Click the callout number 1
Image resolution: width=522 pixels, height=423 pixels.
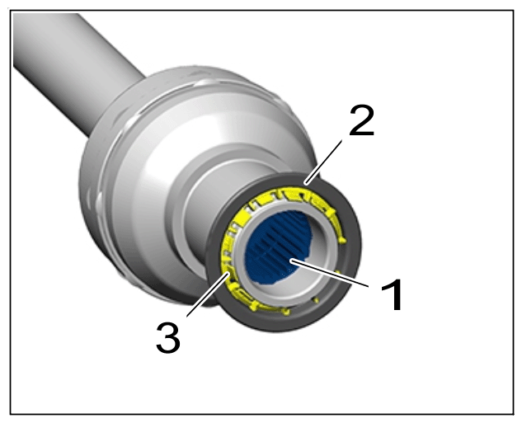point(392,295)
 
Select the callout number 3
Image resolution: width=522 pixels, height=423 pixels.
point(168,338)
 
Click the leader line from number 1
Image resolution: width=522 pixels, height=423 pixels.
point(330,273)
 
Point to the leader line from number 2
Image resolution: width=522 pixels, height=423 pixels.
point(323,162)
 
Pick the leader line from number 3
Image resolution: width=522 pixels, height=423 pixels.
point(208,294)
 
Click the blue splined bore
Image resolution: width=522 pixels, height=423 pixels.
point(278,247)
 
